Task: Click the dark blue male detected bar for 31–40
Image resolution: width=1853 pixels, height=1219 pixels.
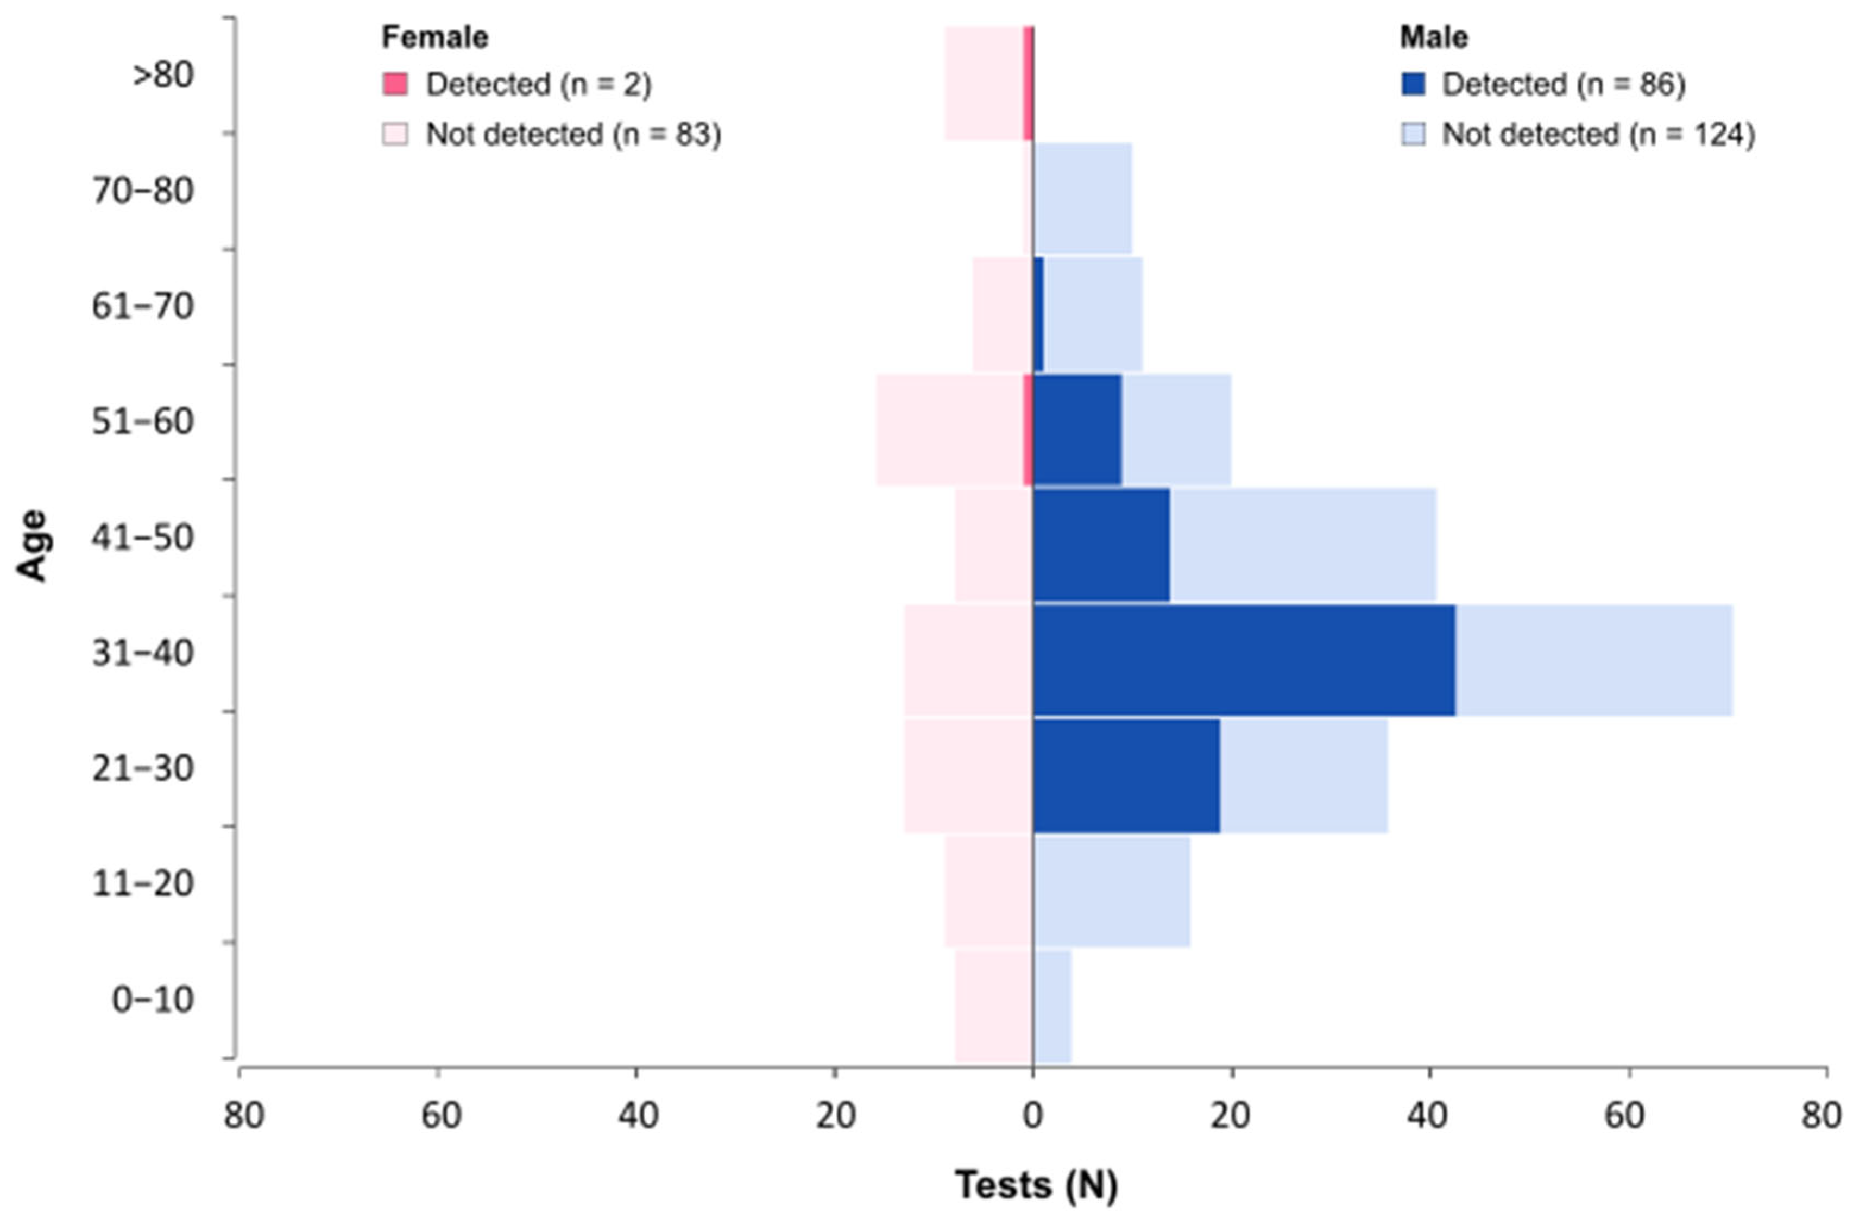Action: coord(1243,659)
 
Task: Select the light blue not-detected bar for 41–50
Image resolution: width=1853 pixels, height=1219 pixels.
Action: coord(1302,545)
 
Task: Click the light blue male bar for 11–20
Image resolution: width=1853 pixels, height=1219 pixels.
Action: coord(1112,891)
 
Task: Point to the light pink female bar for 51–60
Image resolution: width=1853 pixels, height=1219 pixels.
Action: coord(949,430)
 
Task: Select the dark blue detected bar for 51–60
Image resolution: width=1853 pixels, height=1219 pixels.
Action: coord(1077,430)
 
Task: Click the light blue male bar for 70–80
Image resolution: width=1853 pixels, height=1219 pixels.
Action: coord(1083,199)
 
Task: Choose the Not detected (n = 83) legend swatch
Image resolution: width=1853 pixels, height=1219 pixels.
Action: coord(395,135)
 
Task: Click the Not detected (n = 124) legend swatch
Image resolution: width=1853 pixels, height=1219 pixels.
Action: coord(1413,135)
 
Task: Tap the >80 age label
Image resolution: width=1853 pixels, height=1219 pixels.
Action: coord(163,75)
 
